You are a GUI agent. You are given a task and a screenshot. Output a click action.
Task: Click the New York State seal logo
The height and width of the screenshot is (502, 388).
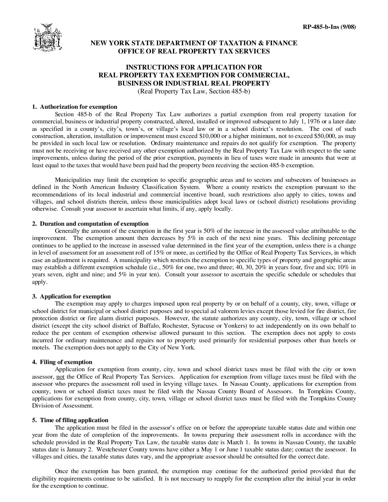(x=47, y=38)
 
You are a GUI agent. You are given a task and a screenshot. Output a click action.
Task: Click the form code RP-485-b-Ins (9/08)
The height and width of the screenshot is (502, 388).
(x=329, y=27)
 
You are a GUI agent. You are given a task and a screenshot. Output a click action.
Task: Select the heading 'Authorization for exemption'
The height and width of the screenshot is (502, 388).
(x=78, y=107)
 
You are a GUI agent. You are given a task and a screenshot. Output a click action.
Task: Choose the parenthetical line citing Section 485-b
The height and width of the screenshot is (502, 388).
(x=194, y=91)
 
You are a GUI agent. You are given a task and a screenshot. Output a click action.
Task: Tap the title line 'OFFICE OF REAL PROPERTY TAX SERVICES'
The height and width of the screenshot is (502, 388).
(x=194, y=51)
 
